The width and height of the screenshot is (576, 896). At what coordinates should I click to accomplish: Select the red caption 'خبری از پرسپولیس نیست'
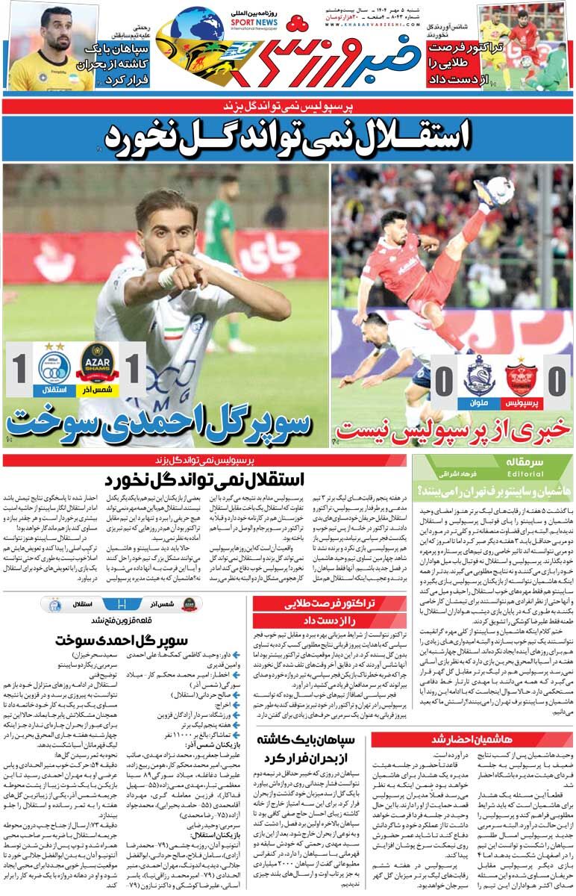[454, 429]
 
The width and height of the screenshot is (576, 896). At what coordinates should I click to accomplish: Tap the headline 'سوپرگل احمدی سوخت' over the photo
[158, 423]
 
